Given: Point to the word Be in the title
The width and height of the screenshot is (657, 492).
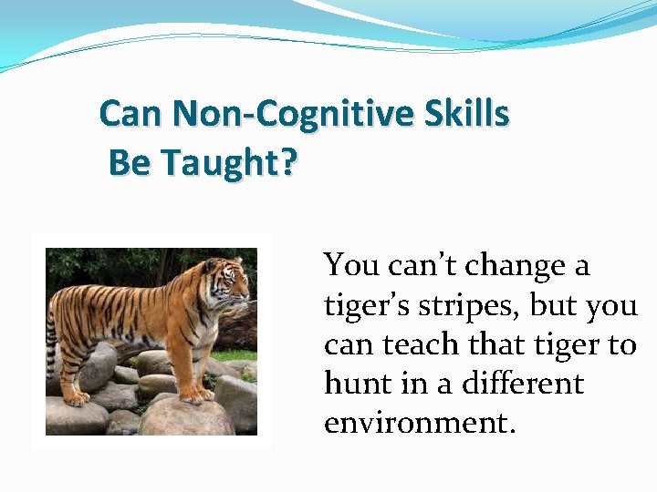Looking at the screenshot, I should pos(130,163).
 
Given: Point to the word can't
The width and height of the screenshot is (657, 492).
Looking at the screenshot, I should pos(422,266).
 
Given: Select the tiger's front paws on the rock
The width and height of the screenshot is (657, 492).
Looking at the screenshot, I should pos(193,395).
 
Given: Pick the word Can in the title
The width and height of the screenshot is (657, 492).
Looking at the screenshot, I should pos(131,114).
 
